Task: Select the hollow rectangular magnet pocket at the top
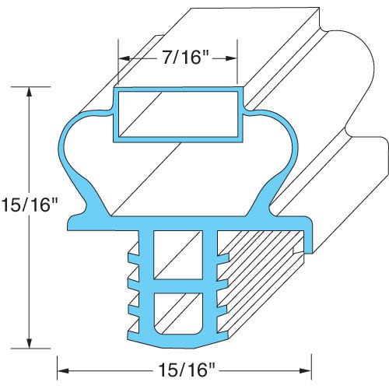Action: pos(178,114)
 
